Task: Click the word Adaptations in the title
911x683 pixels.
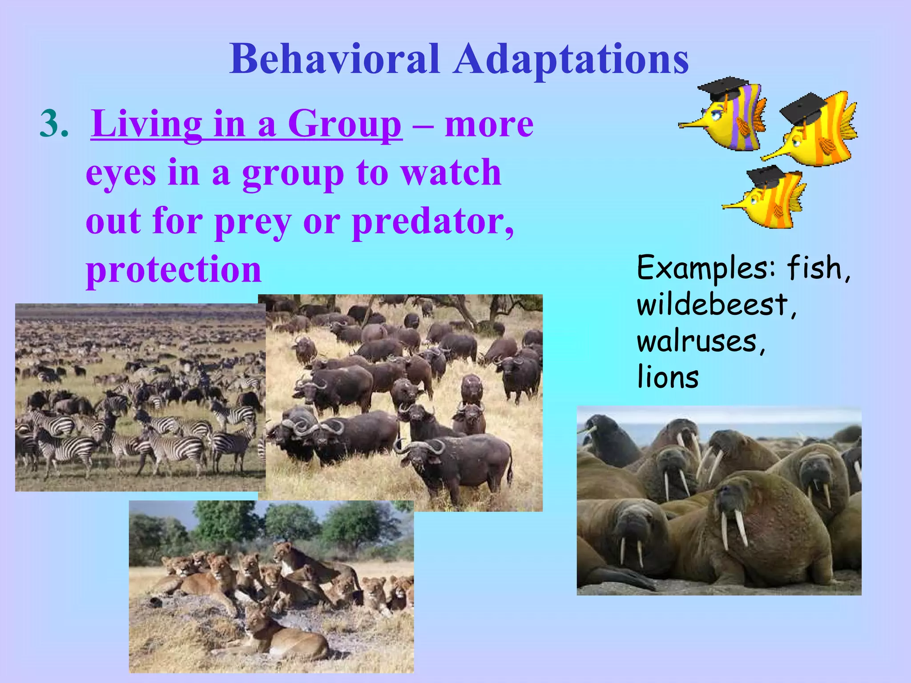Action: click(x=571, y=60)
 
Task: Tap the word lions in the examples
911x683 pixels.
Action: click(x=668, y=377)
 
